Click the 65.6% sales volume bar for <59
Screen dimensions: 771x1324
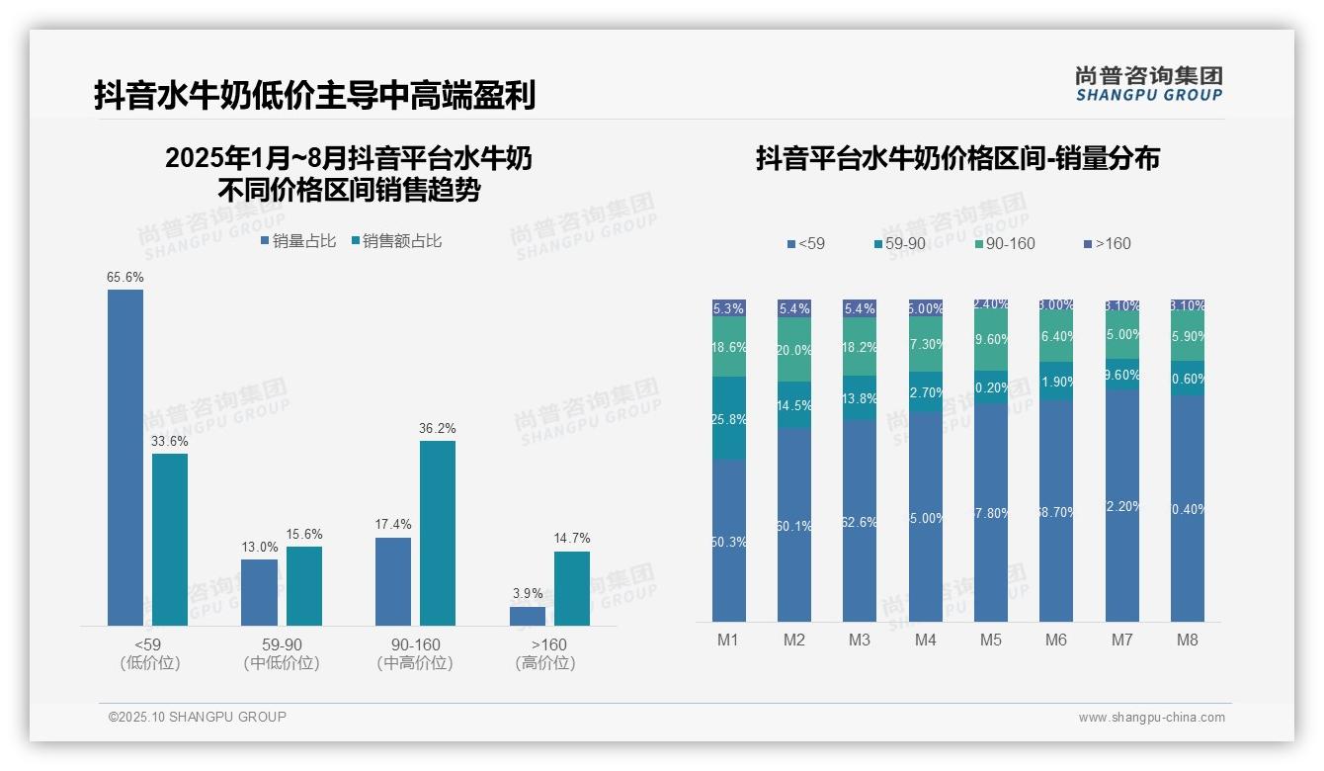[x=125, y=457]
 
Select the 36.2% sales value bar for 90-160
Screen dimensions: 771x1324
[x=438, y=533]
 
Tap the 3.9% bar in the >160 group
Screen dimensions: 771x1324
[x=528, y=616]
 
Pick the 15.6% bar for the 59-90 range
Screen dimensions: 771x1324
[x=304, y=585]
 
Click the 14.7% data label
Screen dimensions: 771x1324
[x=572, y=539]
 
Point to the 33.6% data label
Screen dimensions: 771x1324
[x=170, y=441]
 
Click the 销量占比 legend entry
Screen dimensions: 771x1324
[x=298, y=241]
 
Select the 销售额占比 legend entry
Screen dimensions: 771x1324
[x=396, y=241]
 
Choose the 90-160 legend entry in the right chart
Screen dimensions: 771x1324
[x=1004, y=244]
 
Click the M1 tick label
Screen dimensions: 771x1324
[x=728, y=641]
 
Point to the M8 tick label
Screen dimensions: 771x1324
[x=1188, y=641]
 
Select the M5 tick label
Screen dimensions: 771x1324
[x=991, y=641]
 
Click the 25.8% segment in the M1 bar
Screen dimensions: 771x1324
[x=729, y=418]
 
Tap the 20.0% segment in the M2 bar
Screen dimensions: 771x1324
[x=794, y=350]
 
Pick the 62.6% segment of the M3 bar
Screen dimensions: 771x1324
[x=860, y=521]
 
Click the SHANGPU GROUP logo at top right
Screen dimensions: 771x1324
[x=1148, y=83]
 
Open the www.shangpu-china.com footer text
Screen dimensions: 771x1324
[x=1151, y=718]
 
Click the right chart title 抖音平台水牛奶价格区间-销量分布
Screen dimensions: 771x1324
[x=957, y=158]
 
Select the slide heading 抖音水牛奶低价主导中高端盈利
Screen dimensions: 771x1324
[x=315, y=96]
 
